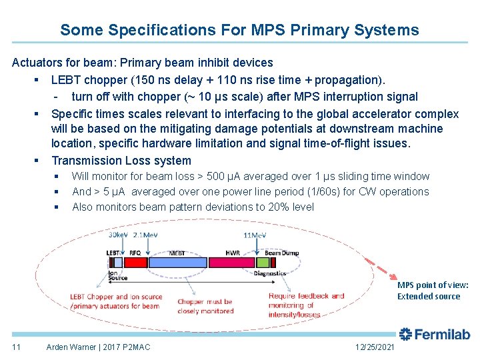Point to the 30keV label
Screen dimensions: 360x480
(119, 234)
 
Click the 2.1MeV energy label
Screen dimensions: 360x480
(145, 234)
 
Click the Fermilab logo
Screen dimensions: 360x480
(434, 335)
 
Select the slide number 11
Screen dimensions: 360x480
(17, 347)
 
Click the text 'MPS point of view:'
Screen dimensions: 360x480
(433, 285)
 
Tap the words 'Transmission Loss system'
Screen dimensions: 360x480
(121, 161)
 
